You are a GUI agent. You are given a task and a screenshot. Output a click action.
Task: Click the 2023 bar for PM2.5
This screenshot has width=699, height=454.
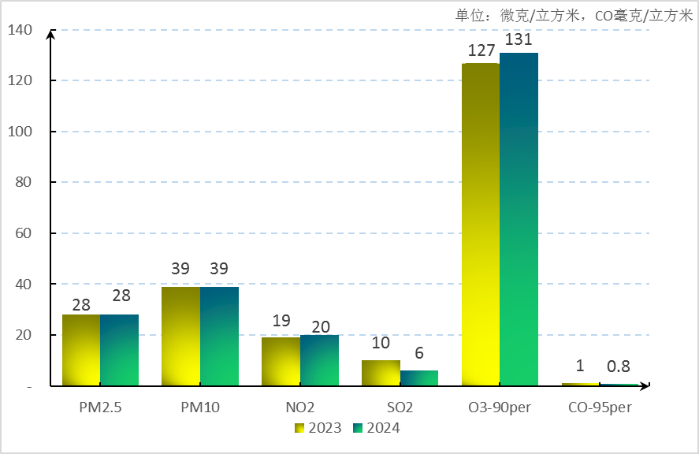click(81, 350)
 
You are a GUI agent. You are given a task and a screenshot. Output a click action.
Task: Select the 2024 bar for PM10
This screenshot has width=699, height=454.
click(219, 337)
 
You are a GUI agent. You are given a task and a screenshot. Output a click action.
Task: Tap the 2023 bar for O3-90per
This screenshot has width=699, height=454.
click(481, 225)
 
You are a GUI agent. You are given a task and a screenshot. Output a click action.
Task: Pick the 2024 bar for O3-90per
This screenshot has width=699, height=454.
click(519, 220)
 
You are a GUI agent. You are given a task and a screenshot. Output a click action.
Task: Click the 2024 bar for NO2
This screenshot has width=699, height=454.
click(319, 360)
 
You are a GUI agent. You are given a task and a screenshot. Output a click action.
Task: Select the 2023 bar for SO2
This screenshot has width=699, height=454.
click(381, 373)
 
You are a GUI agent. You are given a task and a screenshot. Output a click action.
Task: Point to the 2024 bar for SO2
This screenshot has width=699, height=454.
click(419, 378)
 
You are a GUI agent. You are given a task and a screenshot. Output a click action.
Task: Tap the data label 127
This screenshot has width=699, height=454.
click(481, 50)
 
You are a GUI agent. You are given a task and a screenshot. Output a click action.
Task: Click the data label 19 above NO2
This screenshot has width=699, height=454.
click(281, 321)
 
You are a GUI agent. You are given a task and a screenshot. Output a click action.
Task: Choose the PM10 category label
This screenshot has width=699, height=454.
click(200, 408)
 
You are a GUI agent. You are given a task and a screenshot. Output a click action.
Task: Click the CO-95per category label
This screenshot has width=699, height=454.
click(600, 408)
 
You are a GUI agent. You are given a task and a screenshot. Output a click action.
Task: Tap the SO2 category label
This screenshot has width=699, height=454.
click(400, 408)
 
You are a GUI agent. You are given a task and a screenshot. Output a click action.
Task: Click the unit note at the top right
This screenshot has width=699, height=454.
click(574, 15)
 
